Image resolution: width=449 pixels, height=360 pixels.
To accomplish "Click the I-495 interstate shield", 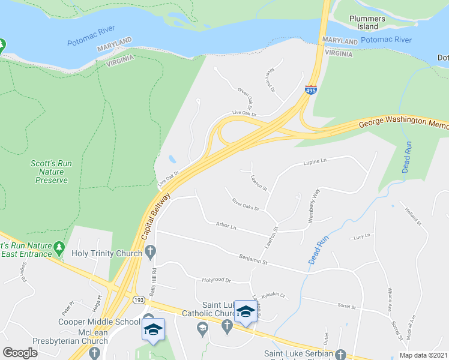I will point(310,89).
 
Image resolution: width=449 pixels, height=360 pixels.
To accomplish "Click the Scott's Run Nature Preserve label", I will point(49,171).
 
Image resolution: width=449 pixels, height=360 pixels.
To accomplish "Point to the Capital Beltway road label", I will point(157,217).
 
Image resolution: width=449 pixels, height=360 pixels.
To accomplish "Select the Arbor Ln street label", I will point(226,226).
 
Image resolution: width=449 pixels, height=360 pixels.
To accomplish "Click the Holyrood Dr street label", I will point(217,280).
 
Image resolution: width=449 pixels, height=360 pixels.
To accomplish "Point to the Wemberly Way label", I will point(314,206).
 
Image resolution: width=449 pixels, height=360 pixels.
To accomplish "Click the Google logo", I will point(20,353).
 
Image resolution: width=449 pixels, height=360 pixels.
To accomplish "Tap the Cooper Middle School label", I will point(106,322).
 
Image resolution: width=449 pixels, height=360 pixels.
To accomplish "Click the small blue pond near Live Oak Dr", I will point(172,160).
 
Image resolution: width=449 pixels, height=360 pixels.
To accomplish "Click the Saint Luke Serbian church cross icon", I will point(341,354).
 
